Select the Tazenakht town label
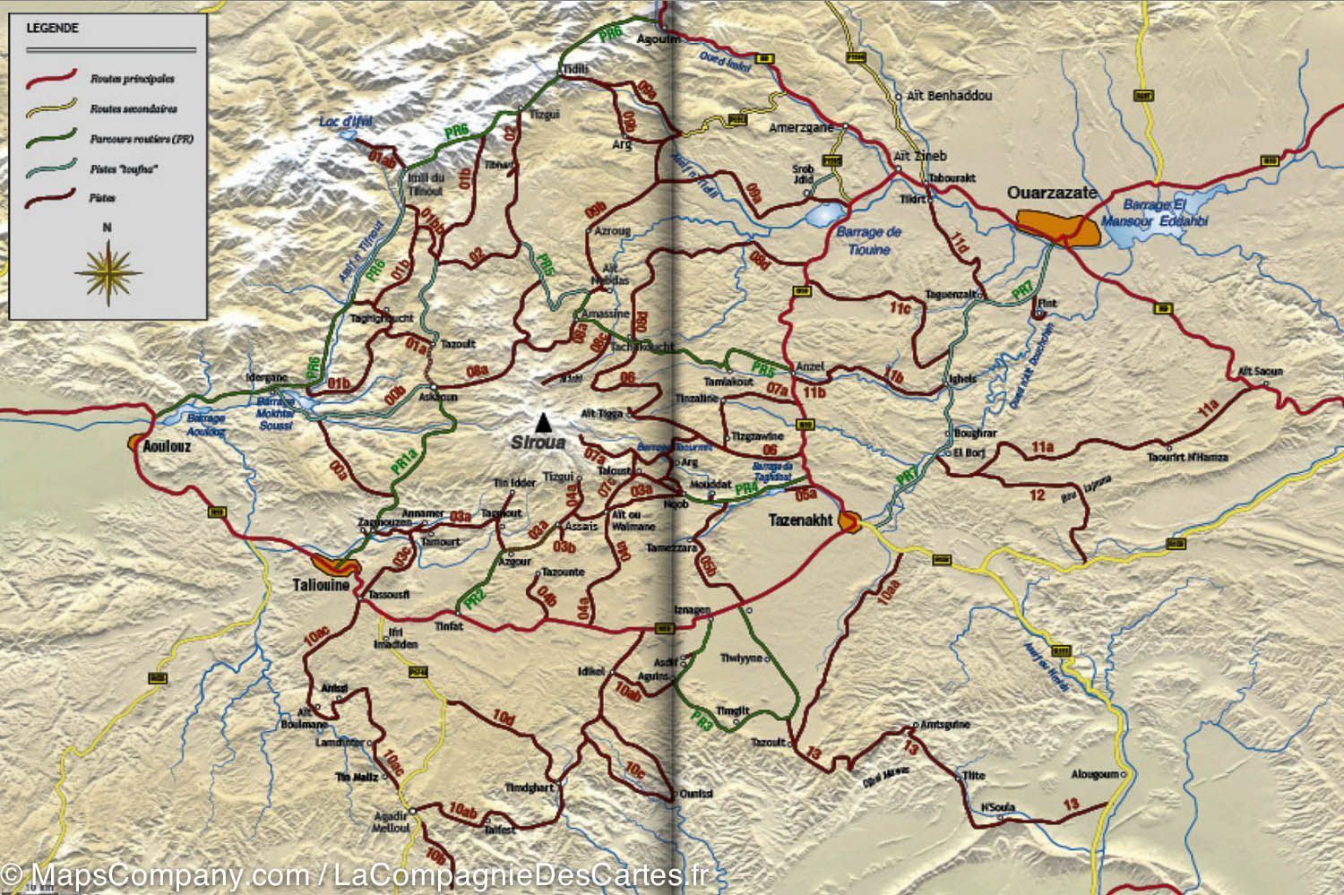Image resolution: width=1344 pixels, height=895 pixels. pos(800,520)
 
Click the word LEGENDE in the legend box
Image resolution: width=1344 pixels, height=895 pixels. pos(52,28)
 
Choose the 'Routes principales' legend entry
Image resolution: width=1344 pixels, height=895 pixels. pos(132,79)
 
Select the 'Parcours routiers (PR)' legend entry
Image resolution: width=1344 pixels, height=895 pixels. pos(141,139)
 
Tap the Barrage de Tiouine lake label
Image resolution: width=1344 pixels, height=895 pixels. pos(868,240)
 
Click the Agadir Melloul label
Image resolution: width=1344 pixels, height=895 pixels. pos(391,822)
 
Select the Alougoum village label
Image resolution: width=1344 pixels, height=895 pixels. pos(1095,774)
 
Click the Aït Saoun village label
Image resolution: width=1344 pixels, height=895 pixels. pos(1260,371)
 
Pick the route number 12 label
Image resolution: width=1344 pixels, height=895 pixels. pos(1037,495)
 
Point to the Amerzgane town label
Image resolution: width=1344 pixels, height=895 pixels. pos(801,128)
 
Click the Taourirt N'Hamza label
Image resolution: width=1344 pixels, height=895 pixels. pos(1187,457)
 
